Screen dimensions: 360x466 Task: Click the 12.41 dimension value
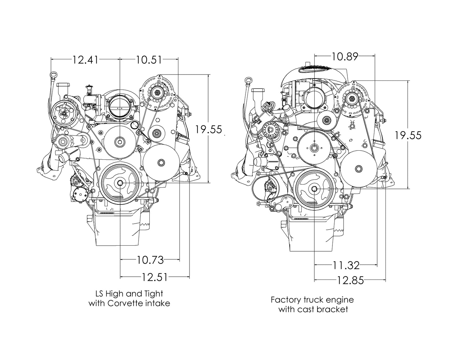(85, 59)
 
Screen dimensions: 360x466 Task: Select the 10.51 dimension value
(149, 59)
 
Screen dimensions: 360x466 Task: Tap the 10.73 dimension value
(150, 260)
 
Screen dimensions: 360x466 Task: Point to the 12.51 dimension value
(155, 277)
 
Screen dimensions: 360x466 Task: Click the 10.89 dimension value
(345, 57)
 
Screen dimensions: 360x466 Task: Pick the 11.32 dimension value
(346, 265)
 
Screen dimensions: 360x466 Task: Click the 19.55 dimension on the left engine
(208, 129)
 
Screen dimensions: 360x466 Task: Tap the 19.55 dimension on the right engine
(408, 135)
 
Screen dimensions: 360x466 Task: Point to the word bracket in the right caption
(333, 309)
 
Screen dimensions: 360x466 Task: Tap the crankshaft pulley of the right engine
(314, 189)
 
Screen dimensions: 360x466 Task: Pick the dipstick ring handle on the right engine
(248, 81)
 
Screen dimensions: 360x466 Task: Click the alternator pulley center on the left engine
(157, 92)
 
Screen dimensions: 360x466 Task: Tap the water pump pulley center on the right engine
(314, 148)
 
